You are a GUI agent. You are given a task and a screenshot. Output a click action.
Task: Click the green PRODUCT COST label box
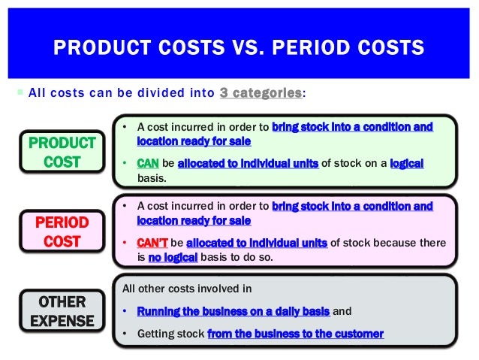pos(62,153)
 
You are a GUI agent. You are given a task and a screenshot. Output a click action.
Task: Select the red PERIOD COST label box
pos(62,232)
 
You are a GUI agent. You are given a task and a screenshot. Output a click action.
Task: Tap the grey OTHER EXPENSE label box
pos(62,311)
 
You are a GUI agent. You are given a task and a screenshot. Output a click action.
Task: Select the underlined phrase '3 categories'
pos(260,92)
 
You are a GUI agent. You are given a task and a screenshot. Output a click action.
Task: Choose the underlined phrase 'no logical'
pos(172,257)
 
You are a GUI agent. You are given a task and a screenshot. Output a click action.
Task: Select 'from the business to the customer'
pos(295,334)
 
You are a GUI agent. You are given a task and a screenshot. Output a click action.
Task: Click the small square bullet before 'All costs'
pos(20,93)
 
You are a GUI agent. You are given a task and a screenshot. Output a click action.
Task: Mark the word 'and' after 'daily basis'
pos(342,311)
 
